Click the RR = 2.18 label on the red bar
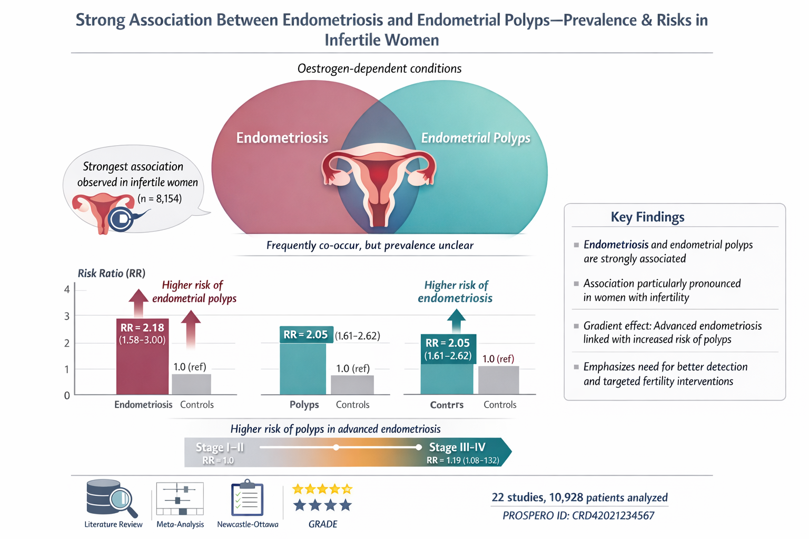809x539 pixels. coord(142,328)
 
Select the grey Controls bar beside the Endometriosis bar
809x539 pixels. coord(191,384)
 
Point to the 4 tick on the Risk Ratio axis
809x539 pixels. coord(67,290)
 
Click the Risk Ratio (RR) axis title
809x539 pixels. coord(112,273)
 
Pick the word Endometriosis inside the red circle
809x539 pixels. coord(282,138)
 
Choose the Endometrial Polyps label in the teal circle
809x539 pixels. coord(476,138)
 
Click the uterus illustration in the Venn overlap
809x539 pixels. coord(379,184)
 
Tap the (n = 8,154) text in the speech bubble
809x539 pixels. coord(160,199)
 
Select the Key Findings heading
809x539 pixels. coord(647,217)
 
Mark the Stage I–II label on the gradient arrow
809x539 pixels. coord(220,447)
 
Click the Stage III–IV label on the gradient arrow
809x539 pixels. coord(457,447)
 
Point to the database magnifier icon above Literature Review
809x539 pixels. coord(112,498)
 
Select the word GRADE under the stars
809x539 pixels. coord(322,524)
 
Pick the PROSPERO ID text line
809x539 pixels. coord(578,516)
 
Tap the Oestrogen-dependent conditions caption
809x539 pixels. coord(379,68)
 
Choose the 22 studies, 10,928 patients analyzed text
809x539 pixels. coord(579,497)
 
